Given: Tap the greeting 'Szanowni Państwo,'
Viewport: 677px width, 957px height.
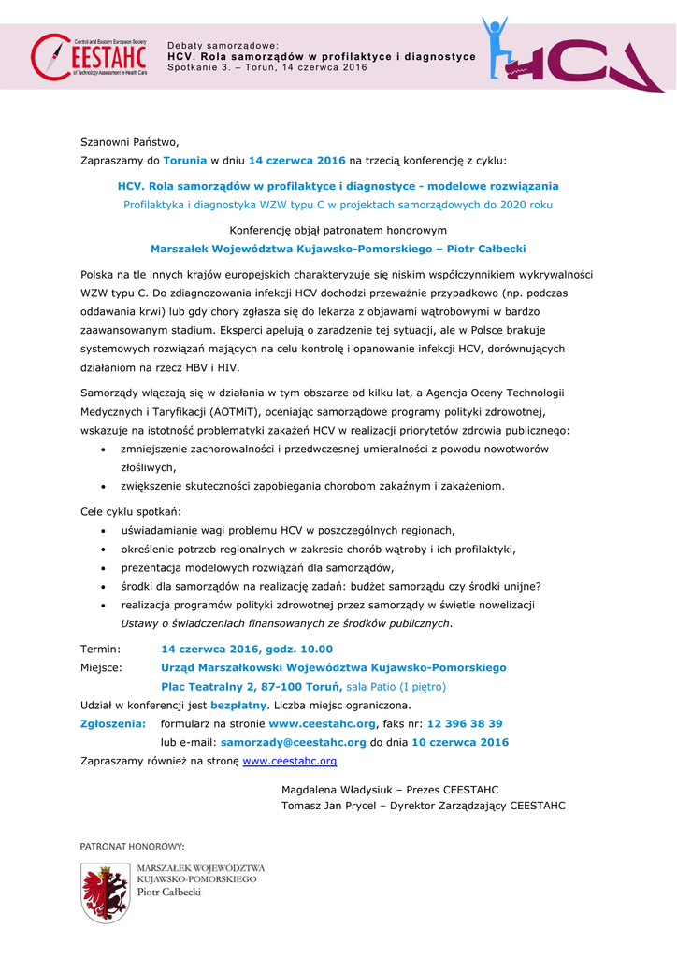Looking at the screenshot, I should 129,142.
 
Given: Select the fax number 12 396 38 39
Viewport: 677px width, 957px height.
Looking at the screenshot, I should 465,723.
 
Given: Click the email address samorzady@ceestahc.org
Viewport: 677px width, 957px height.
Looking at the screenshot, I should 293,742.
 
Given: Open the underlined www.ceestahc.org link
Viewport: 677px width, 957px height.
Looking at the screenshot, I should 289,761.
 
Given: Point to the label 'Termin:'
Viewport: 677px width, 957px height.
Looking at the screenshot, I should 100,649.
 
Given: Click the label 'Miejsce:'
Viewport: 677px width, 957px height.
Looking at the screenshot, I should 102,667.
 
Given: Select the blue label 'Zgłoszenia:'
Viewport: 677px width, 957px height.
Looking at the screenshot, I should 113,723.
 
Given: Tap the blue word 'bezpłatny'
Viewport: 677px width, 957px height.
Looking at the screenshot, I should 237,705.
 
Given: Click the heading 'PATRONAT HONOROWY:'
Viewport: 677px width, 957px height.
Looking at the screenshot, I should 132,846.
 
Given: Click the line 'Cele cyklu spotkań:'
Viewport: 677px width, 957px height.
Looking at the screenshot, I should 131,511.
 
